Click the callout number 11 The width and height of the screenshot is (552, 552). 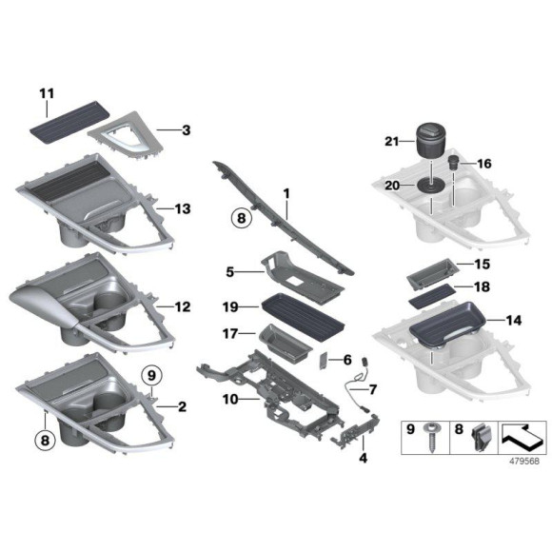click(x=47, y=92)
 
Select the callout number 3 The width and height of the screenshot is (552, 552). click(x=187, y=128)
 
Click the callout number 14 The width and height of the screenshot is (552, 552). click(x=515, y=321)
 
